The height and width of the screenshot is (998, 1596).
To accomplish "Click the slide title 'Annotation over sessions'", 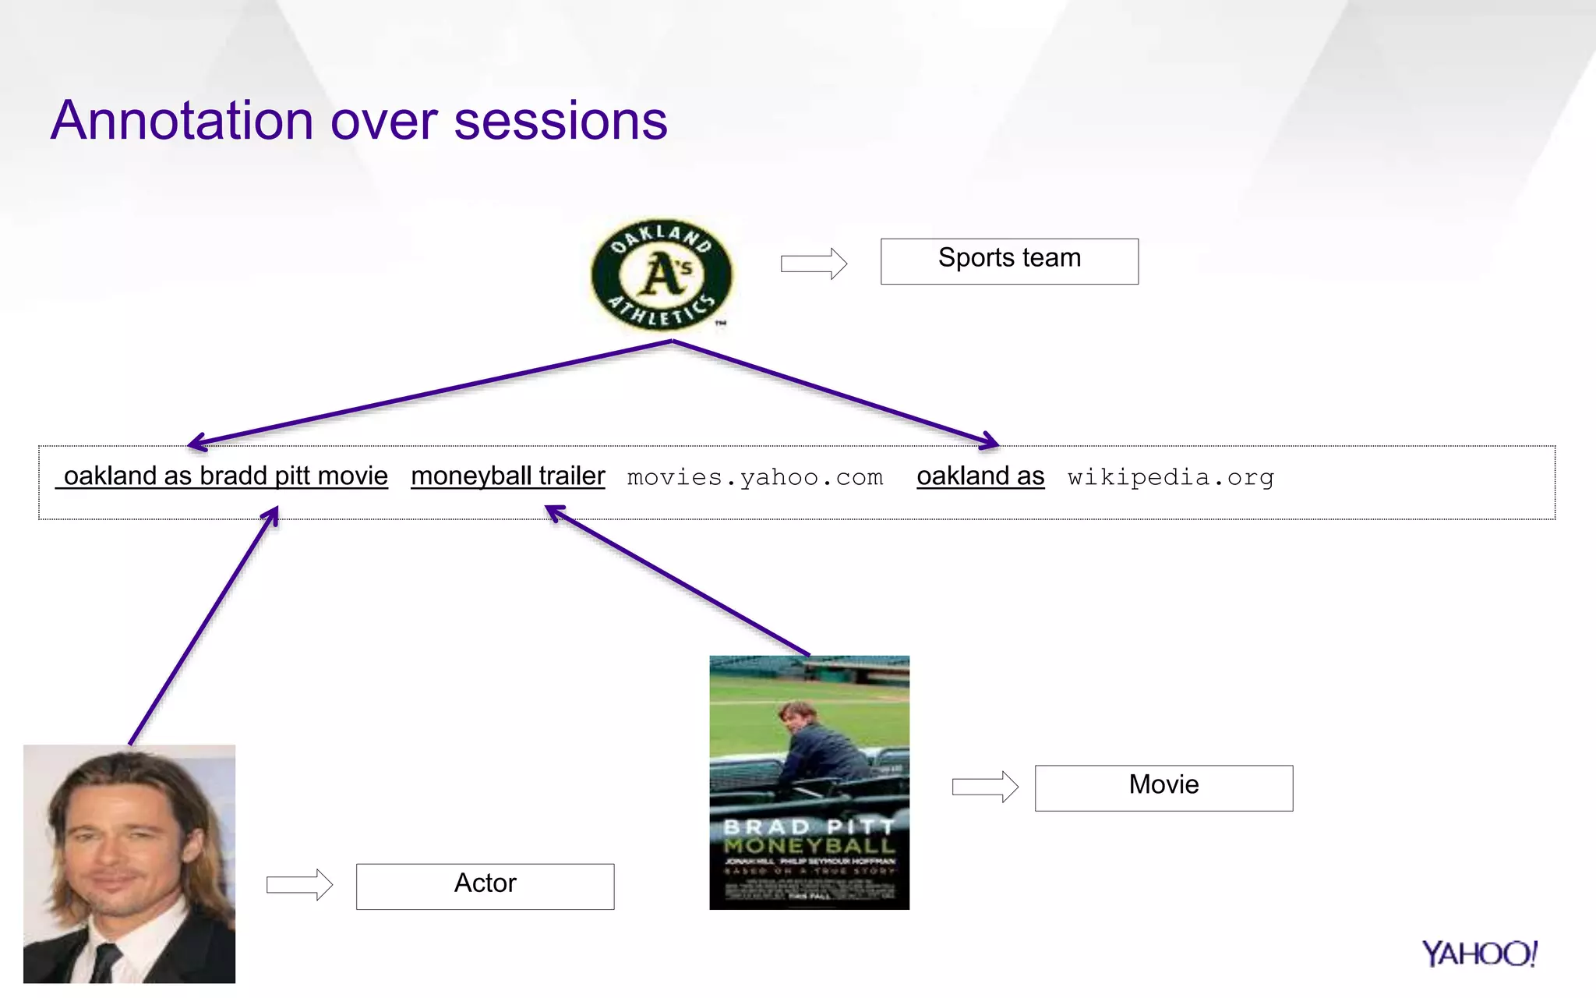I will pyautogui.click(x=358, y=121).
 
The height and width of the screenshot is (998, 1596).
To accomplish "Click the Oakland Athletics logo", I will pyautogui.click(x=662, y=275).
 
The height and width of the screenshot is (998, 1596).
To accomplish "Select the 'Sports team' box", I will pyautogui.click(x=1009, y=261).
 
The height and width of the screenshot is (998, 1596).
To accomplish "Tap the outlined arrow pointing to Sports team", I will pyautogui.click(x=814, y=264).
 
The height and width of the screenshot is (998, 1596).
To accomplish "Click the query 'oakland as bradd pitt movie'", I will pyautogui.click(x=224, y=476).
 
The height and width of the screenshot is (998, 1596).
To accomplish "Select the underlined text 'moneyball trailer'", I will pyautogui.click(x=507, y=476).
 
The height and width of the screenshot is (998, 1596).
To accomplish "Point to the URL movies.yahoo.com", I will pyautogui.click(x=754, y=477).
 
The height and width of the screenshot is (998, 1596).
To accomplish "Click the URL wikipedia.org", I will pyautogui.click(x=1171, y=477).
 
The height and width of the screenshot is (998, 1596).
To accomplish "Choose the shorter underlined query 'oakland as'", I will pyautogui.click(x=980, y=476).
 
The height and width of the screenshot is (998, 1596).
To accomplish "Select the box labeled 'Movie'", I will pyautogui.click(x=1163, y=787).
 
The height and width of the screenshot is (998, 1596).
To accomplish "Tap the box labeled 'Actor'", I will pyautogui.click(x=485, y=886).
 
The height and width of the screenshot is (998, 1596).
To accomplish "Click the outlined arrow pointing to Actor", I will pyautogui.click(x=299, y=885).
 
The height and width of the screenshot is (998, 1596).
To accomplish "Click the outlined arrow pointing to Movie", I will pyautogui.click(x=985, y=787).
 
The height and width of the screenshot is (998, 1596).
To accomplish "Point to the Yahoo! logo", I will pyautogui.click(x=1478, y=954).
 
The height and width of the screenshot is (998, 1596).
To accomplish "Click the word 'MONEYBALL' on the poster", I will pyautogui.click(x=809, y=845).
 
